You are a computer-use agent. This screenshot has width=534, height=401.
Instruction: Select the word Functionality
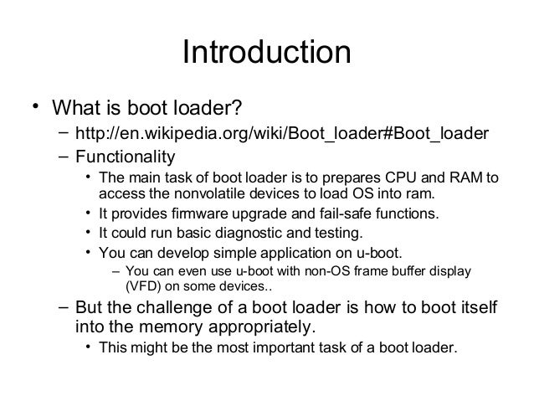pyautogui.click(x=126, y=157)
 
